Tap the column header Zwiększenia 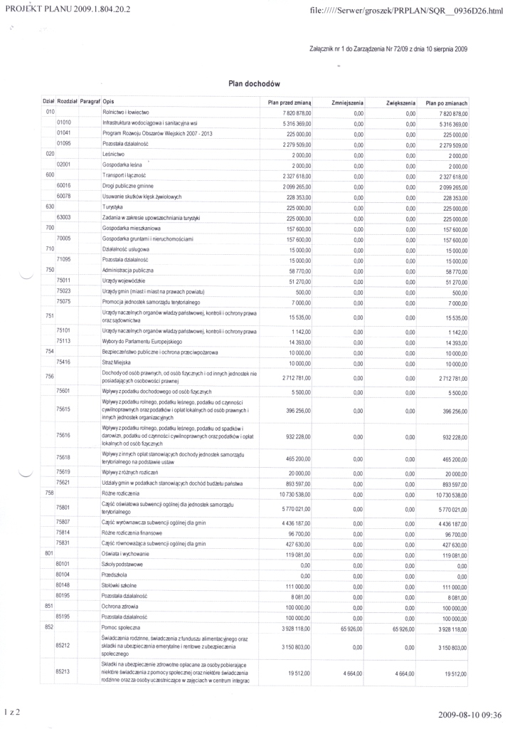[x=400, y=103]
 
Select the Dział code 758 [x=50, y=493]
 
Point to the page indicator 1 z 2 [x=14, y=711]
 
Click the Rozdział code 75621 [x=64, y=483]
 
